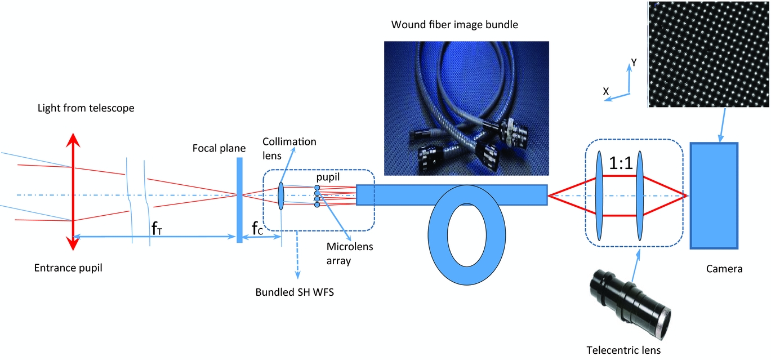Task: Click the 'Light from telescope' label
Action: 86,108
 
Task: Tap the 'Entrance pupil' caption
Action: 68,268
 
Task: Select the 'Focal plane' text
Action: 219,148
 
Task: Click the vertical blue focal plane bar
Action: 239,200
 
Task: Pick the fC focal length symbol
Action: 257,228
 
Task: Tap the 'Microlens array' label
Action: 350,254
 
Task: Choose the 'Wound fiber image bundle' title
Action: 454,25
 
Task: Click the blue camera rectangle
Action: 714,195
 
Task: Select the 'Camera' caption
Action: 724,269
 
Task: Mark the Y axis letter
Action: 634,63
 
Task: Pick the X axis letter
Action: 606,91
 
